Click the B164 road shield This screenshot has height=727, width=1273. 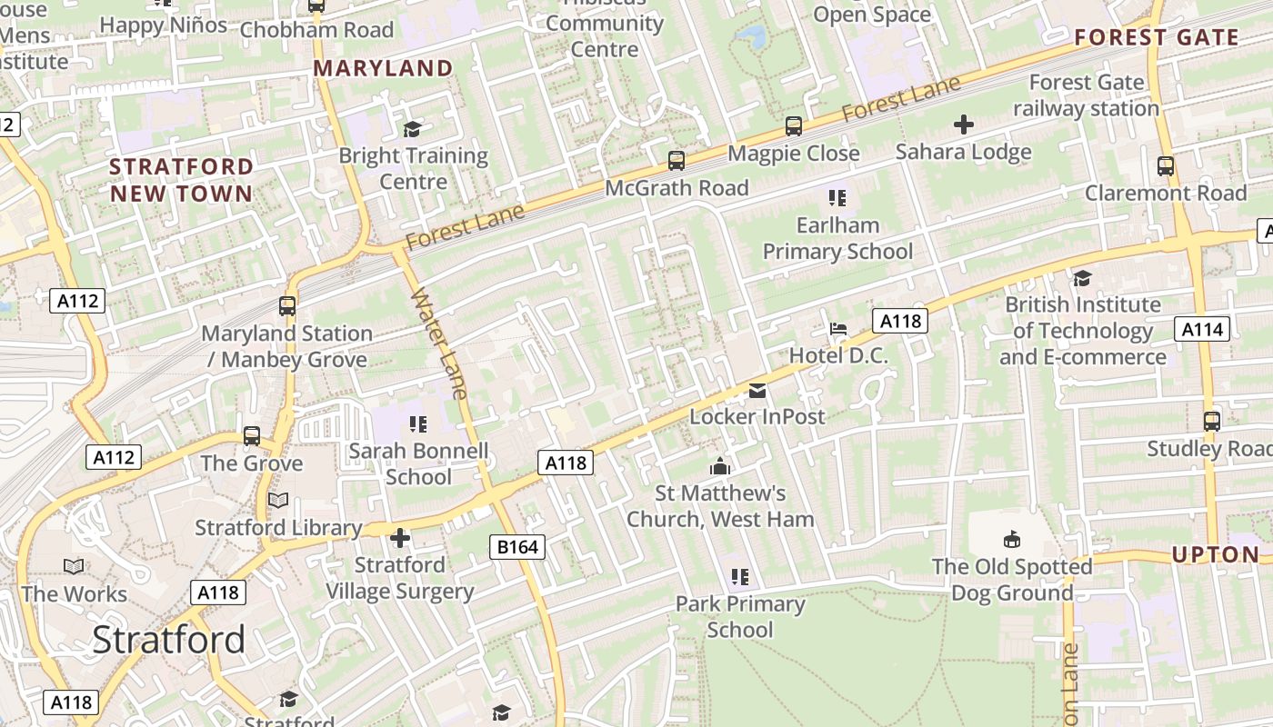click(518, 546)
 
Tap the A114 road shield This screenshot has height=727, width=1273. click(1202, 329)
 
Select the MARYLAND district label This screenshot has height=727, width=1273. click(383, 68)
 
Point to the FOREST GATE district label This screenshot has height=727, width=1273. click(1157, 37)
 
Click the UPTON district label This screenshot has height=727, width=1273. click(1215, 554)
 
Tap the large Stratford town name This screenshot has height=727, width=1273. click(169, 640)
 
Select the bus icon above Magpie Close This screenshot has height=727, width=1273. click(794, 126)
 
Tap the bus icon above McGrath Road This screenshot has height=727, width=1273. click(676, 161)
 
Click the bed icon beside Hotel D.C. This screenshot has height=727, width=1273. click(838, 328)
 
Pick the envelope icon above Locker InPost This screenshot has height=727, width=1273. click(757, 391)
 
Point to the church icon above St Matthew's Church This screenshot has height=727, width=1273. click(720, 467)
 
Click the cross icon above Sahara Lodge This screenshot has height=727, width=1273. click(963, 124)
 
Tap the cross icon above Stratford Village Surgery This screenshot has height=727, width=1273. click(399, 539)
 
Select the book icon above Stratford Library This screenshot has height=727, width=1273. click(278, 501)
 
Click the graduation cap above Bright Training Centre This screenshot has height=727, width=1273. click(413, 129)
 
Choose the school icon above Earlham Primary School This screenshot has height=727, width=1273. click(837, 197)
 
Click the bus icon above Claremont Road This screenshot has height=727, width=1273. click(1165, 166)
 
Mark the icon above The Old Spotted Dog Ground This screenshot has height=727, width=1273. click(1011, 540)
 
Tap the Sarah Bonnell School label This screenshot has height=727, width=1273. click(418, 463)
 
